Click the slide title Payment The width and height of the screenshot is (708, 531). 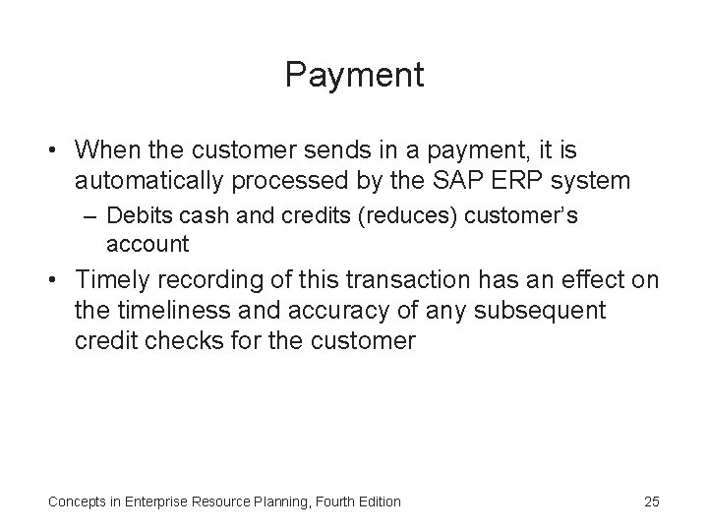click(354, 76)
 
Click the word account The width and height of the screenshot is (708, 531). click(147, 243)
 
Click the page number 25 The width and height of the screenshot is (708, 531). click(651, 501)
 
